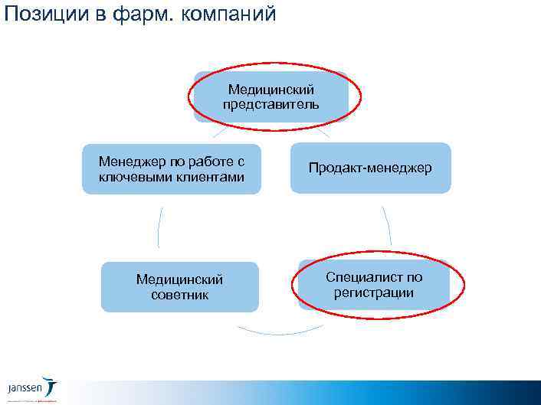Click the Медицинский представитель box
(270, 96)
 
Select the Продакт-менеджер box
(370, 168)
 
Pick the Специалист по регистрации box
(373, 285)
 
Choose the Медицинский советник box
(179, 287)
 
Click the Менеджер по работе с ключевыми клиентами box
(172, 169)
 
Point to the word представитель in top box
(271, 104)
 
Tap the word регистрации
(374, 292)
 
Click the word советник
(179, 295)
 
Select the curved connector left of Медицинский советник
(159, 227)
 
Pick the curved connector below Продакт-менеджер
(387, 225)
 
